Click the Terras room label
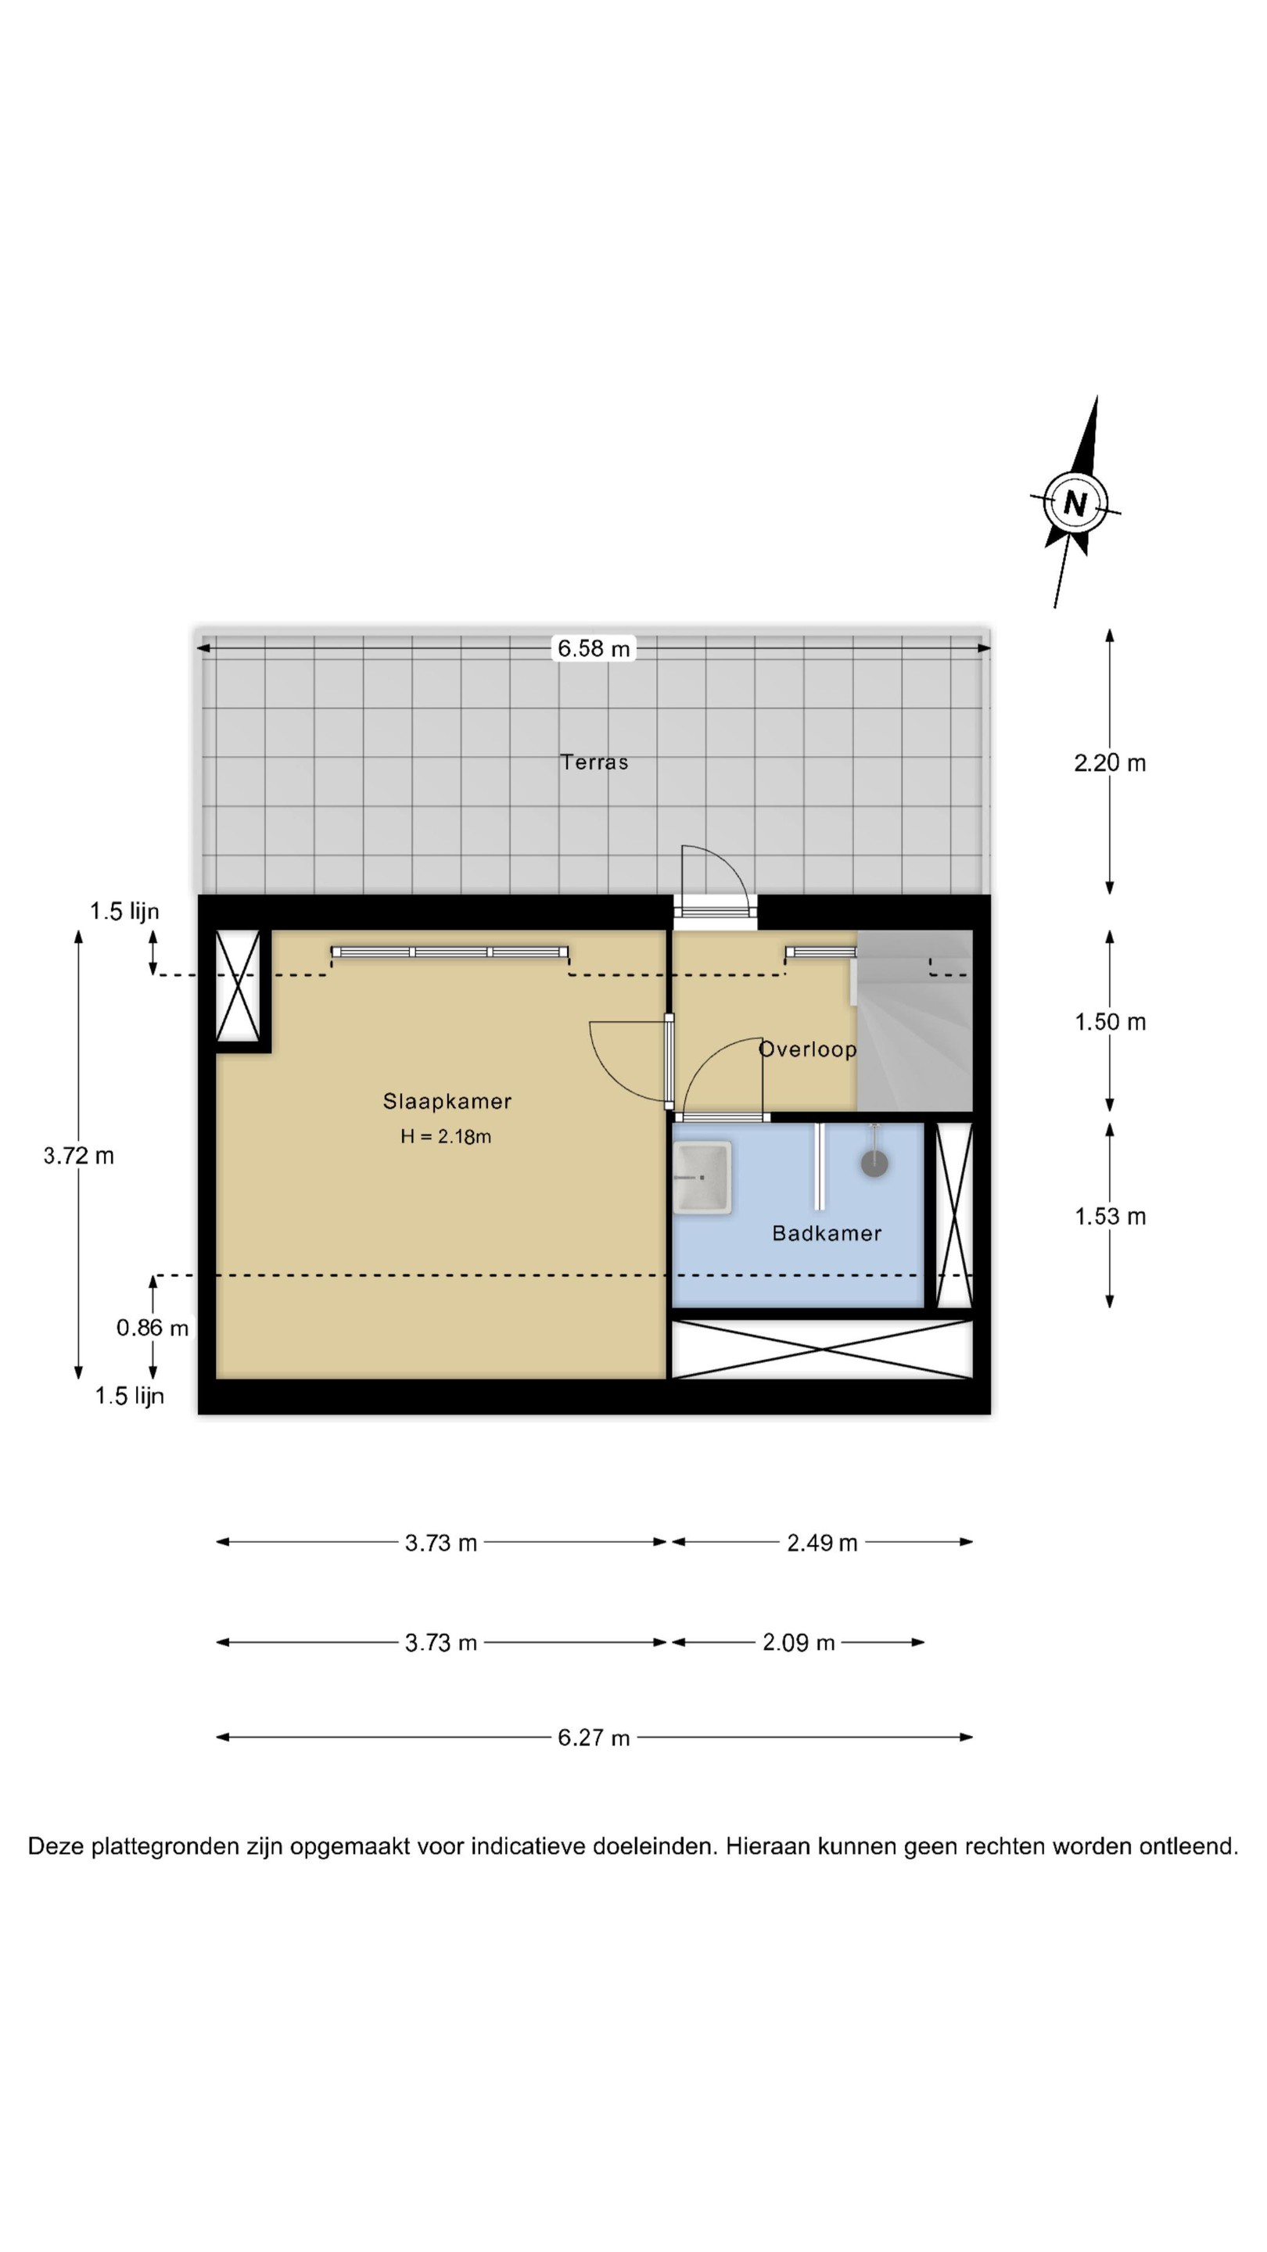pyautogui.click(x=594, y=762)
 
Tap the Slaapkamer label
pyautogui.click(x=447, y=1102)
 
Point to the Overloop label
pyautogui.click(x=807, y=1049)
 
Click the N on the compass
pyautogui.click(x=1075, y=504)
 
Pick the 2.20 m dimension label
pyautogui.click(x=1110, y=763)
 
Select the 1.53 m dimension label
pyautogui.click(x=1110, y=1216)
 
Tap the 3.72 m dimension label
pyautogui.click(x=79, y=1156)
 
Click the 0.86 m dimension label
pyautogui.click(x=153, y=1328)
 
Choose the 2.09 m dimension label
pyautogui.click(x=799, y=1643)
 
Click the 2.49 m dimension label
pyautogui.click(x=822, y=1543)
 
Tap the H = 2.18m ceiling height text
pyautogui.click(x=446, y=1136)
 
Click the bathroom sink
pyautogui.click(x=702, y=1177)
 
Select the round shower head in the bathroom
pyautogui.click(x=874, y=1164)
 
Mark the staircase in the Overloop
pyautogui.click(x=913, y=1020)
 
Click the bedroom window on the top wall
pyautogui.click(x=450, y=952)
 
